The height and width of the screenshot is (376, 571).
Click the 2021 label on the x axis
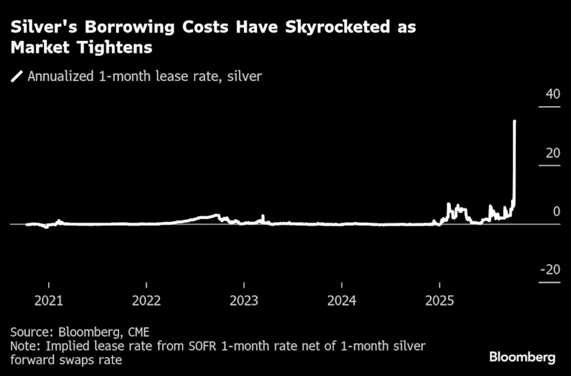coord(49,301)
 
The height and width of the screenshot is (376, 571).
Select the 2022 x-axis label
coord(146,301)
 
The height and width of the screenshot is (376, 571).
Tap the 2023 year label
coord(244,301)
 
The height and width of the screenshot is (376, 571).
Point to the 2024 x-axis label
coord(342,301)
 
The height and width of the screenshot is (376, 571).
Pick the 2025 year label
coord(439,301)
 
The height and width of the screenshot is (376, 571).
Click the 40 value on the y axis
coord(553,94)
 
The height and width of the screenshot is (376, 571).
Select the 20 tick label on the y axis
coord(553,153)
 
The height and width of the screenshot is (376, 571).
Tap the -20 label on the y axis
coord(550,270)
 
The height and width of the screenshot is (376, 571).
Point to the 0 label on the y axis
coord(557,211)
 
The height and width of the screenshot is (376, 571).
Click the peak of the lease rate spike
coord(515,121)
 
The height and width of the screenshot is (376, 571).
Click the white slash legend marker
coord(17,76)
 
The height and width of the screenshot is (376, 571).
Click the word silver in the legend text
coord(244,76)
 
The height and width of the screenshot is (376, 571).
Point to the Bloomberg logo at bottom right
coord(522,358)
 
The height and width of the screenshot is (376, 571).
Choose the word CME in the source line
coord(139,332)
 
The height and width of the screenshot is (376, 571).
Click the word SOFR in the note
coord(202,346)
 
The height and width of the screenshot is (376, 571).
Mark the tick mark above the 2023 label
coord(244,285)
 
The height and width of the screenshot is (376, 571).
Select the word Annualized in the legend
coord(61,76)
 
